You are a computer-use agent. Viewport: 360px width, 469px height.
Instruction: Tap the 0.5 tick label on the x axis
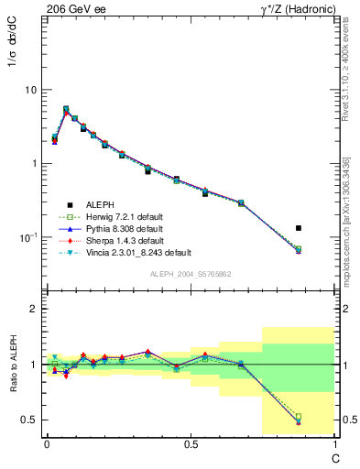pos(191,446)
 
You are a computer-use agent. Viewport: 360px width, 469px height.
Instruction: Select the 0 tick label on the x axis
pos(47,446)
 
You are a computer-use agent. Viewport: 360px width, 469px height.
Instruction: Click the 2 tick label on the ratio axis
pos(33,309)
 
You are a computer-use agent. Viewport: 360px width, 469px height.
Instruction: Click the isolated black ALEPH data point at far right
pos(298,228)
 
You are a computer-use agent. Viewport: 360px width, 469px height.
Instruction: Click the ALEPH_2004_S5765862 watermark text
pos(190,274)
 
